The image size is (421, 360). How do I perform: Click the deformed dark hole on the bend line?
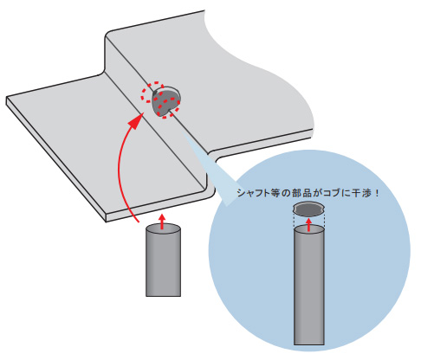pyautogui.click(x=165, y=101)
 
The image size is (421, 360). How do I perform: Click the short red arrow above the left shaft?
pyautogui.click(x=162, y=222)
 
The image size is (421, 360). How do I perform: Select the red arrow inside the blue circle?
pyautogui.click(x=309, y=225)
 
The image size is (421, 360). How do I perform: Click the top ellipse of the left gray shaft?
pyautogui.click(x=163, y=230)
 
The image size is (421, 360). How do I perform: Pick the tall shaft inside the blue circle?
pyautogui.click(x=309, y=285)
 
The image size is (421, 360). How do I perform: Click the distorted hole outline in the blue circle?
pyautogui.click(x=308, y=209)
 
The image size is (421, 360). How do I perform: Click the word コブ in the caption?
pyautogui.click(x=333, y=193)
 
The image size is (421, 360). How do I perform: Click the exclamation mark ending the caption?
pyautogui.click(x=376, y=193)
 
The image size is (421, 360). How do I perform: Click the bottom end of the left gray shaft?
pyautogui.click(x=163, y=296)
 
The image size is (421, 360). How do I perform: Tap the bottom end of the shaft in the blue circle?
pyautogui.click(x=309, y=344)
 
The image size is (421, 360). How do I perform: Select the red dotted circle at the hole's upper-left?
pyautogui.click(x=152, y=93)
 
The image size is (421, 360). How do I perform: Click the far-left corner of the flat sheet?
pyautogui.click(x=6, y=98)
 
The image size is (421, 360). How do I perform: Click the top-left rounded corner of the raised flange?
pyautogui.click(x=108, y=33)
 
